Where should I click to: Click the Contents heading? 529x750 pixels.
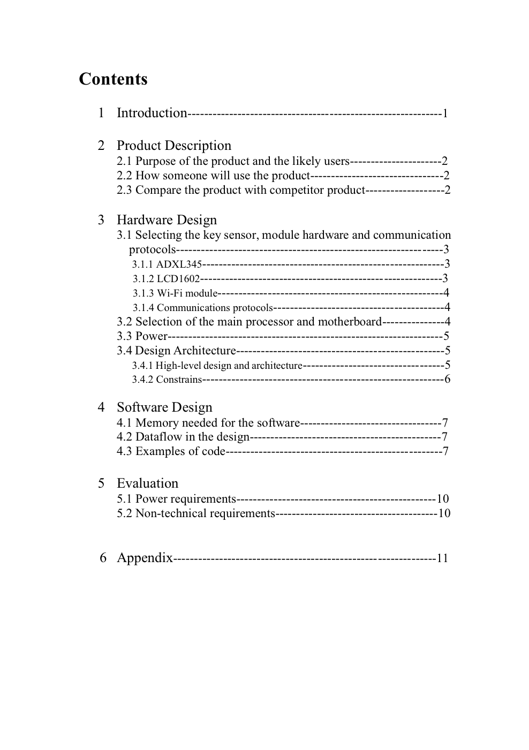[113, 79]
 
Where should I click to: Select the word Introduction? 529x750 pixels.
[152, 113]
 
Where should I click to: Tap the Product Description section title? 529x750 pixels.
[174, 146]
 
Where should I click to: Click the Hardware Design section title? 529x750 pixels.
[167, 220]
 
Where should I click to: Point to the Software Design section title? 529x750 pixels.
[164, 407]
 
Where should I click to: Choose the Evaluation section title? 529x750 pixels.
[147, 483]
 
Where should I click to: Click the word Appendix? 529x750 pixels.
[145, 558]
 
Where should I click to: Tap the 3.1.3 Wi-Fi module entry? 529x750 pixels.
[175, 293]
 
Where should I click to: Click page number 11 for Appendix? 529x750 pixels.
[442, 558]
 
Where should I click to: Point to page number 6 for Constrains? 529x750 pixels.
[448, 380]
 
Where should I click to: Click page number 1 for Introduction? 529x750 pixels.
[445, 113]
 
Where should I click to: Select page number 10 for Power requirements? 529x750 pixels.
[443, 499]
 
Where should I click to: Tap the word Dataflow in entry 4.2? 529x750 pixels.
[158, 437]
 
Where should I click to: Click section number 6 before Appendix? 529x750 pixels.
[103, 558]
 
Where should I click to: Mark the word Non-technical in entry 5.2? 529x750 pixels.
[171, 513]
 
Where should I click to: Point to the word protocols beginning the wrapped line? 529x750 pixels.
[152, 249]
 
